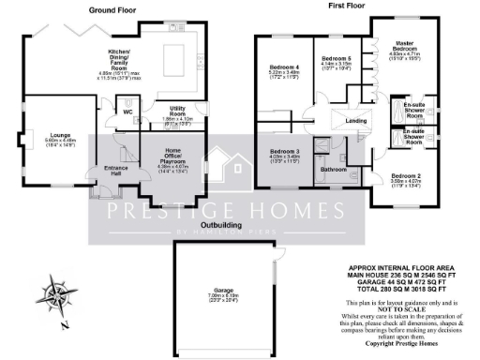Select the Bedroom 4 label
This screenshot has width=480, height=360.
coord(284,67)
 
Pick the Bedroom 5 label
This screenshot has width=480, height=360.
coord(336,58)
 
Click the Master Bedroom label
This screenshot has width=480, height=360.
coord(403,48)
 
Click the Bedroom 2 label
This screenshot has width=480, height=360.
coord(406,176)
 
